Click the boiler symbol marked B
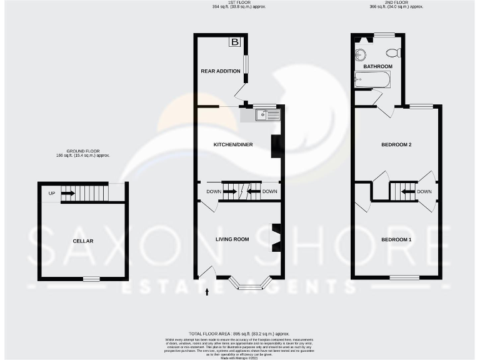click(235, 42)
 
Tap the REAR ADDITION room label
click(220, 71)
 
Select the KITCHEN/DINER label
click(233, 145)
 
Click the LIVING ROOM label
click(232, 239)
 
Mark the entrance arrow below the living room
click(207, 291)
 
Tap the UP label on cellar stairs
click(52, 193)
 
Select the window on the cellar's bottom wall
click(92, 279)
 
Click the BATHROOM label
click(377, 66)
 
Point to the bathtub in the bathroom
click(372, 80)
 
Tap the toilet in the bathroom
click(393, 52)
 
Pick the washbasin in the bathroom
click(361, 54)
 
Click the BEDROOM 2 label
click(396, 145)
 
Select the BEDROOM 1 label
click(396, 240)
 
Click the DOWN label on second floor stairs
click(424, 192)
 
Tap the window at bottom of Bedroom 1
click(404, 277)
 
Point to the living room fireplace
click(275, 237)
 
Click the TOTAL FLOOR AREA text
click(239, 335)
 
